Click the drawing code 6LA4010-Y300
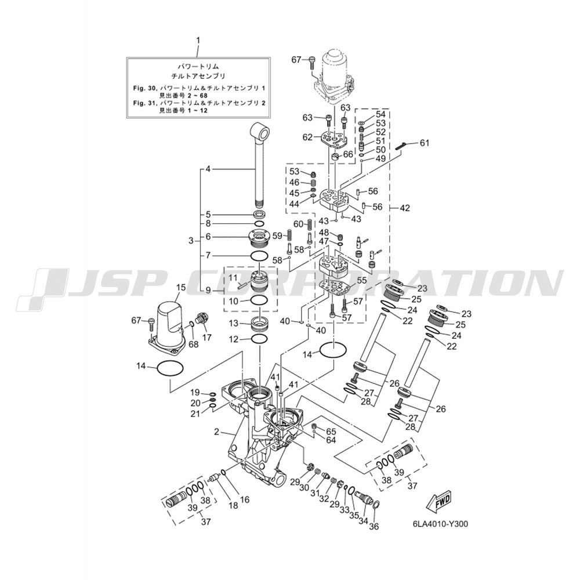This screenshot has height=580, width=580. click(x=441, y=524)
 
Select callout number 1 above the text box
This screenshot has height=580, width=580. click(x=198, y=40)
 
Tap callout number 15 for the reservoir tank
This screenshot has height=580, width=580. click(x=180, y=287)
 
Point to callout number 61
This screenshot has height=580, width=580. click(x=425, y=143)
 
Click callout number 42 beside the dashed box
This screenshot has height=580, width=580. click(x=405, y=208)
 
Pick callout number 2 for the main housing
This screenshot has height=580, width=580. click(x=217, y=432)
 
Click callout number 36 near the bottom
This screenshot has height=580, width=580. click(x=374, y=527)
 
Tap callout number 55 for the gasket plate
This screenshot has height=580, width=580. click(x=361, y=280)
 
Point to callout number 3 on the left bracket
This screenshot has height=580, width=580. click(x=191, y=241)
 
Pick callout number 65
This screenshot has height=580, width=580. click(x=331, y=432)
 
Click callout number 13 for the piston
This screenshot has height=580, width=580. click(x=233, y=324)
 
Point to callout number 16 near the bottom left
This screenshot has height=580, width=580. click(x=245, y=500)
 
